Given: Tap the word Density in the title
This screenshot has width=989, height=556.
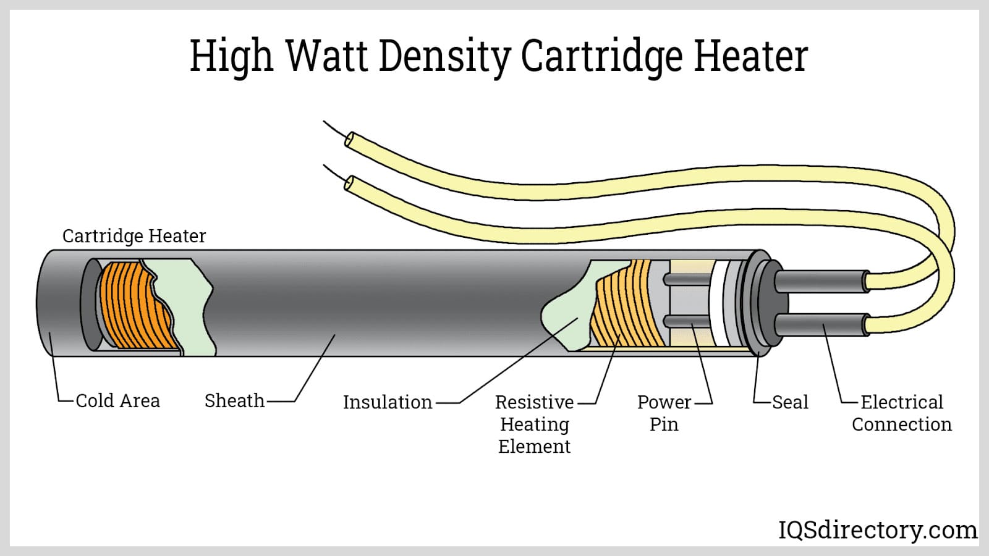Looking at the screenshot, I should (x=444, y=57).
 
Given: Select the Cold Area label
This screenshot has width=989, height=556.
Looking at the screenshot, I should (x=117, y=401).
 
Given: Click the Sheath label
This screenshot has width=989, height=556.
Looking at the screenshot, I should (x=234, y=401).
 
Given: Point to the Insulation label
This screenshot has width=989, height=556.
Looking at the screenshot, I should (x=388, y=402).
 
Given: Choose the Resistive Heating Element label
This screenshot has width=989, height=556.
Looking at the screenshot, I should (x=535, y=424).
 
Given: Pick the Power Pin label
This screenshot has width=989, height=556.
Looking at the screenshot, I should (x=664, y=413).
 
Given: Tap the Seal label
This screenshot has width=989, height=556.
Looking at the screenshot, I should (x=790, y=402).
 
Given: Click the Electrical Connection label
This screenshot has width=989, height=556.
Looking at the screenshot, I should (x=902, y=413).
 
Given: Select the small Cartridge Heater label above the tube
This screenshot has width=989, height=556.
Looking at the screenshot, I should (x=134, y=236).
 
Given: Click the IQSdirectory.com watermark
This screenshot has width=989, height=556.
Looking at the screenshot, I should (x=877, y=530).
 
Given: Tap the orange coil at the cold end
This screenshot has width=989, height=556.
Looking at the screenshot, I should (x=133, y=306).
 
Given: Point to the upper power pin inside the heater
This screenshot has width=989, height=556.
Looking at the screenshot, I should (x=686, y=279).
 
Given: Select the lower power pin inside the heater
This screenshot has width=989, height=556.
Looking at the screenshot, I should (x=686, y=321).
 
